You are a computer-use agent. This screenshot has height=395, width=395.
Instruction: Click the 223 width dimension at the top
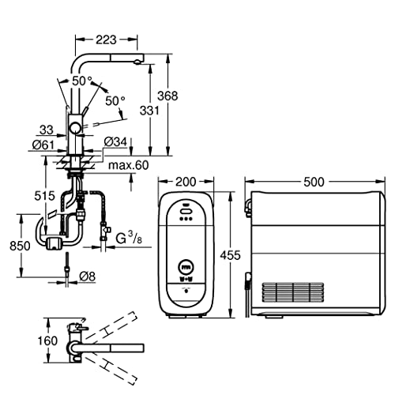[x=106, y=39]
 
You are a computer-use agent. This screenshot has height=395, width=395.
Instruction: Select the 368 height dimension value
[x=167, y=96]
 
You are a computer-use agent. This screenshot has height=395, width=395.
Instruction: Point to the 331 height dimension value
[x=149, y=111]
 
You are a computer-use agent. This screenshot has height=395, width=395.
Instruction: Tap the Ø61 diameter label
[x=43, y=145]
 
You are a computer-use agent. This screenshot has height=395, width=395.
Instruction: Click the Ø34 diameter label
[x=115, y=141]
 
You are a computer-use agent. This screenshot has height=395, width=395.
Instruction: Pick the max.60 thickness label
[x=129, y=165]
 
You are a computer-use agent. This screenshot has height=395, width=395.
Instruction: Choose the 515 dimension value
[x=45, y=196]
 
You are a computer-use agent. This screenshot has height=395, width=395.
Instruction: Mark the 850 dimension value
[x=20, y=246]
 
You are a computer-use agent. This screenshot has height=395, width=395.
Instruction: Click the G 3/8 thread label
[x=129, y=239]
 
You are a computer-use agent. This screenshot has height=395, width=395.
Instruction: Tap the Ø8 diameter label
[x=87, y=276]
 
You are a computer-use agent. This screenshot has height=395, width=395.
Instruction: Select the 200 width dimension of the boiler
[x=186, y=182]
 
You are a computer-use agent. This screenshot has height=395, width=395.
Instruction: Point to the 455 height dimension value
[x=231, y=255]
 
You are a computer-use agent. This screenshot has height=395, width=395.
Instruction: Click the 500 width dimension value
[x=314, y=182]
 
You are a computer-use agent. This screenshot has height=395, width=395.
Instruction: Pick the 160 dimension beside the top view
[x=47, y=340]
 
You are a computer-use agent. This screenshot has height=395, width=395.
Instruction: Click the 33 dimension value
[x=47, y=130]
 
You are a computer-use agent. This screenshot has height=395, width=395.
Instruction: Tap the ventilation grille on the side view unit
[x=293, y=292]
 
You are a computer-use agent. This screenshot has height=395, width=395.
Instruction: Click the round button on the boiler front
[x=186, y=267]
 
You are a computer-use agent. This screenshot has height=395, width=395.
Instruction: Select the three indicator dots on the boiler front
[x=186, y=218]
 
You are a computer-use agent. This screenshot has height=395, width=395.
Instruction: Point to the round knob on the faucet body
[x=75, y=129]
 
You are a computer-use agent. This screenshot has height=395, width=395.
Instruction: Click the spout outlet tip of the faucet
[x=137, y=62]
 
